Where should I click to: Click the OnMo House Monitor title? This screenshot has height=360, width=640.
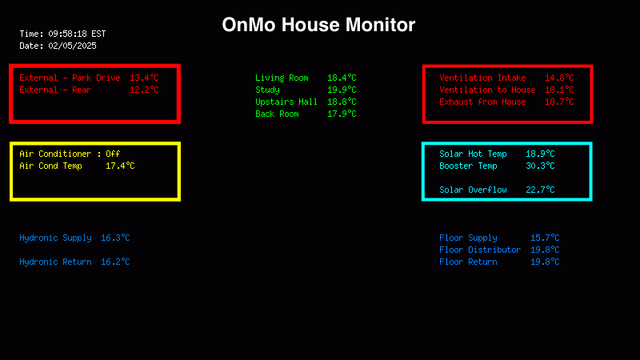pos(318,25)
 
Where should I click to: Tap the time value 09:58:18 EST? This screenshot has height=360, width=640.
pos(77,34)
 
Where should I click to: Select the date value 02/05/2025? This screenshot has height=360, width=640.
pos(72,46)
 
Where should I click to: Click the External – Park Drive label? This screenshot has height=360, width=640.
pos(70,78)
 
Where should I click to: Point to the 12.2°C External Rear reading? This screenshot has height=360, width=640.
pos(144,90)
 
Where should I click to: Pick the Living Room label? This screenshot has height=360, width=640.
pos(282,78)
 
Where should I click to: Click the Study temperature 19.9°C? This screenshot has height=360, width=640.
pos(342,90)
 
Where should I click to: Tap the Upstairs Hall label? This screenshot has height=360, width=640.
pos(286,102)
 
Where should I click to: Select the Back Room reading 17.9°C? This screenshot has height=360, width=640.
pos(342,114)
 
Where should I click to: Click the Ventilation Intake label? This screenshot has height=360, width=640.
pos(482,78)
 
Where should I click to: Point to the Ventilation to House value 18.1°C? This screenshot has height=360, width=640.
pos(559,90)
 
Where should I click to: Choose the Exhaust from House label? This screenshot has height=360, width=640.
pos(482,102)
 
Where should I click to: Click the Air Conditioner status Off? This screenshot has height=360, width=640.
pos(113,154)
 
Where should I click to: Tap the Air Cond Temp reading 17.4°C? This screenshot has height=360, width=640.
pos(120,166)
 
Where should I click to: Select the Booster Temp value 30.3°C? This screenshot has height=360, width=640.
pos(540,166)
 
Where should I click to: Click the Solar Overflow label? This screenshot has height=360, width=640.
pos(473,190)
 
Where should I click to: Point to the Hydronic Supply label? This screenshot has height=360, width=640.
pos(55,238)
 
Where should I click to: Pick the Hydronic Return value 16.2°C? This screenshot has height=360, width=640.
pos(115,262)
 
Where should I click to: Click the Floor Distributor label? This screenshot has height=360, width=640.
pos(480,250)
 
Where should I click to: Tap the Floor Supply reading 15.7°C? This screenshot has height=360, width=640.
pos(545,238)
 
